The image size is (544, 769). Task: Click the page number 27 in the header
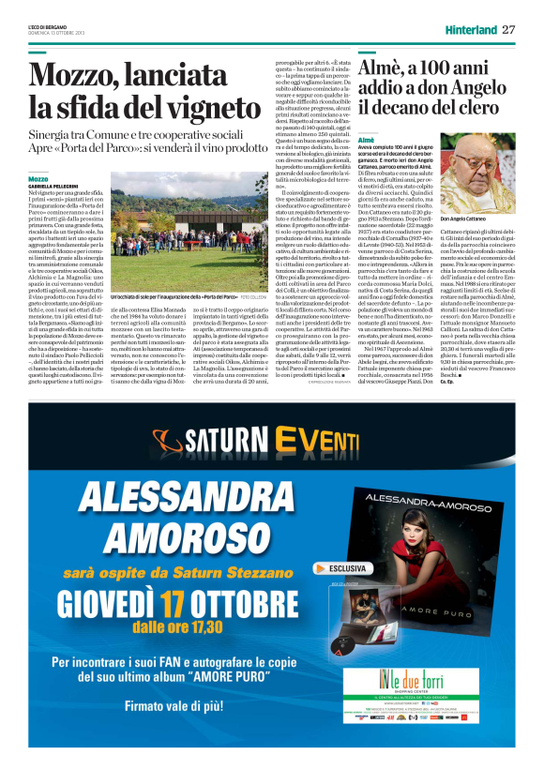click(508, 29)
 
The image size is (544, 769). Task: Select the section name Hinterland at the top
click(470, 30)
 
